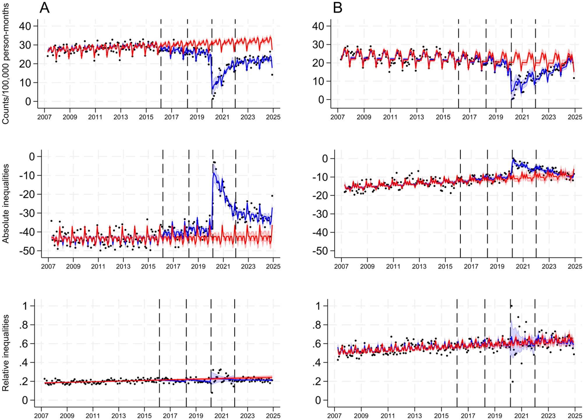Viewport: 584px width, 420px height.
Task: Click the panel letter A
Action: click(44, 8)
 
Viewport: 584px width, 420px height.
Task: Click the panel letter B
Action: click(338, 8)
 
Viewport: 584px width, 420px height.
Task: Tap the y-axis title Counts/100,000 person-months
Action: click(6, 64)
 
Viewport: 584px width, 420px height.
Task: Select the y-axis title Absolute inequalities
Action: click(6, 204)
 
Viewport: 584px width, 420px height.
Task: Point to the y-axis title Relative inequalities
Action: click(6, 353)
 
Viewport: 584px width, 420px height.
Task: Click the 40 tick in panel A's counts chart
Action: click(25, 26)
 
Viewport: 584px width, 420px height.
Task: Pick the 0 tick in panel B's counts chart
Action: click(321, 100)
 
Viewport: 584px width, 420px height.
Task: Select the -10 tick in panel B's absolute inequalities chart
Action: click(320, 177)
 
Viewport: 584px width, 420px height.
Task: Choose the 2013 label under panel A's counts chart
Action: click(121, 117)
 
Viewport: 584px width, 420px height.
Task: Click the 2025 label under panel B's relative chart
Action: click(575, 416)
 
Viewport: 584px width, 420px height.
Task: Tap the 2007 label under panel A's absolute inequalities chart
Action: click(48, 266)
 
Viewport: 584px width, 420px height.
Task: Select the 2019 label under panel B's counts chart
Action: click(496, 117)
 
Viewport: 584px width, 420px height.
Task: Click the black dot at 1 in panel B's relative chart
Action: click(511, 306)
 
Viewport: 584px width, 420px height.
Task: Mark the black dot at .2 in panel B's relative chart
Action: click(513, 381)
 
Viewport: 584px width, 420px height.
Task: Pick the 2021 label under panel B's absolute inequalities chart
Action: click(523, 266)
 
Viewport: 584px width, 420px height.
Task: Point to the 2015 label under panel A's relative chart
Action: click(144, 416)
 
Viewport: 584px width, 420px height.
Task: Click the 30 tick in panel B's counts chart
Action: click(318, 45)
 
